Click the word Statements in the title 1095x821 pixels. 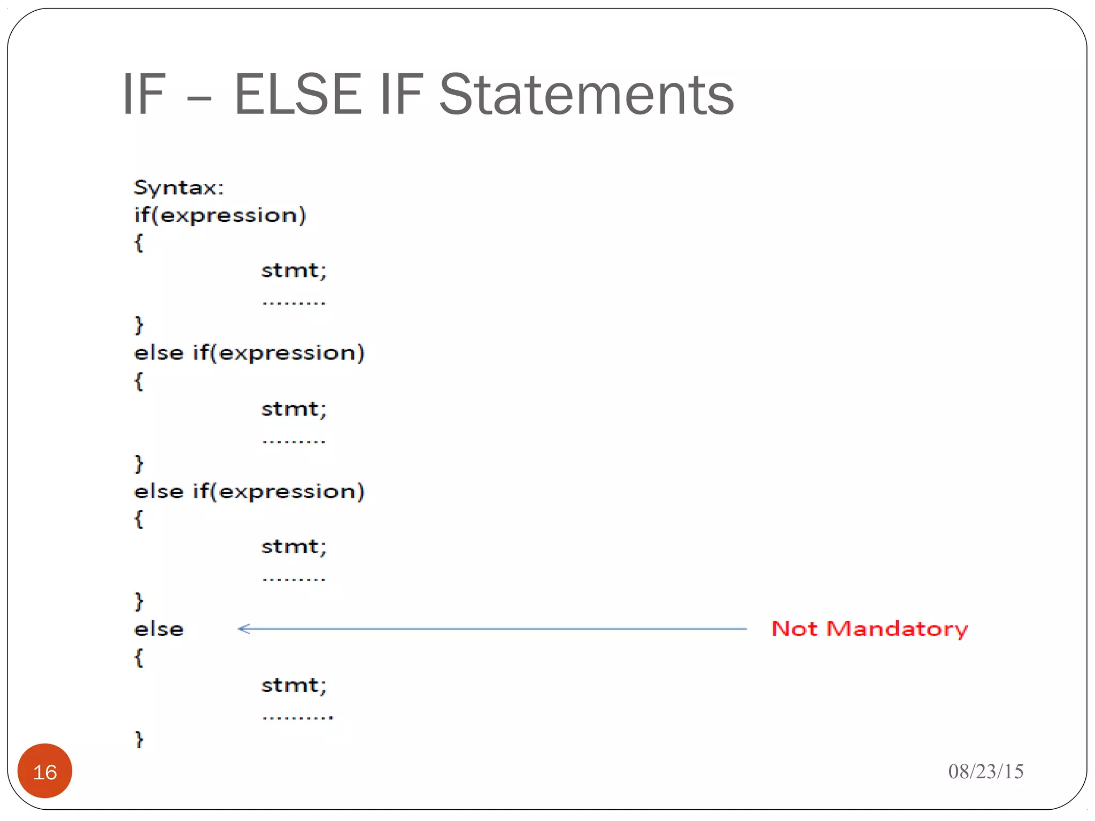pyautogui.click(x=586, y=95)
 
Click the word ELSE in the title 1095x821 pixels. pyautogui.click(x=297, y=95)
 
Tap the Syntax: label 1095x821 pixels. pyautogui.click(x=179, y=188)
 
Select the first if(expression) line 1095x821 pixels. pyautogui.click(x=220, y=215)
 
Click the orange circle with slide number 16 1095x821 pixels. pyautogui.click(x=45, y=771)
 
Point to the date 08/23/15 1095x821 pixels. pyautogui.click(x=985, y=771)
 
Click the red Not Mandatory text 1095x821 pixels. pyautogui.click(x=869, y=629)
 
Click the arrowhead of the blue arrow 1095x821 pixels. pyautogui.click(x=244, y=629)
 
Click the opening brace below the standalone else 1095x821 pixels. pyautogui.click(x=138, y=657)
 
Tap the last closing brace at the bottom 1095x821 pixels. pyautogui.click(x=139, y=740)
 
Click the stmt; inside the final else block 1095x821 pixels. pyautogui.click(x=294, y=685)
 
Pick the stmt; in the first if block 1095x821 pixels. pyautogui.click(x=294, y=270)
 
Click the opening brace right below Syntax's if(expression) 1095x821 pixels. pyautogui.click(x=138, y=243)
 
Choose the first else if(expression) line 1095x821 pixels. pyautogui.click(x=249, y=353)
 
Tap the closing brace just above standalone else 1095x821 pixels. pyautogui.click(x=139, y=601)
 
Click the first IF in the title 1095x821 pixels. pyautogui.click(x=144, y=95)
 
